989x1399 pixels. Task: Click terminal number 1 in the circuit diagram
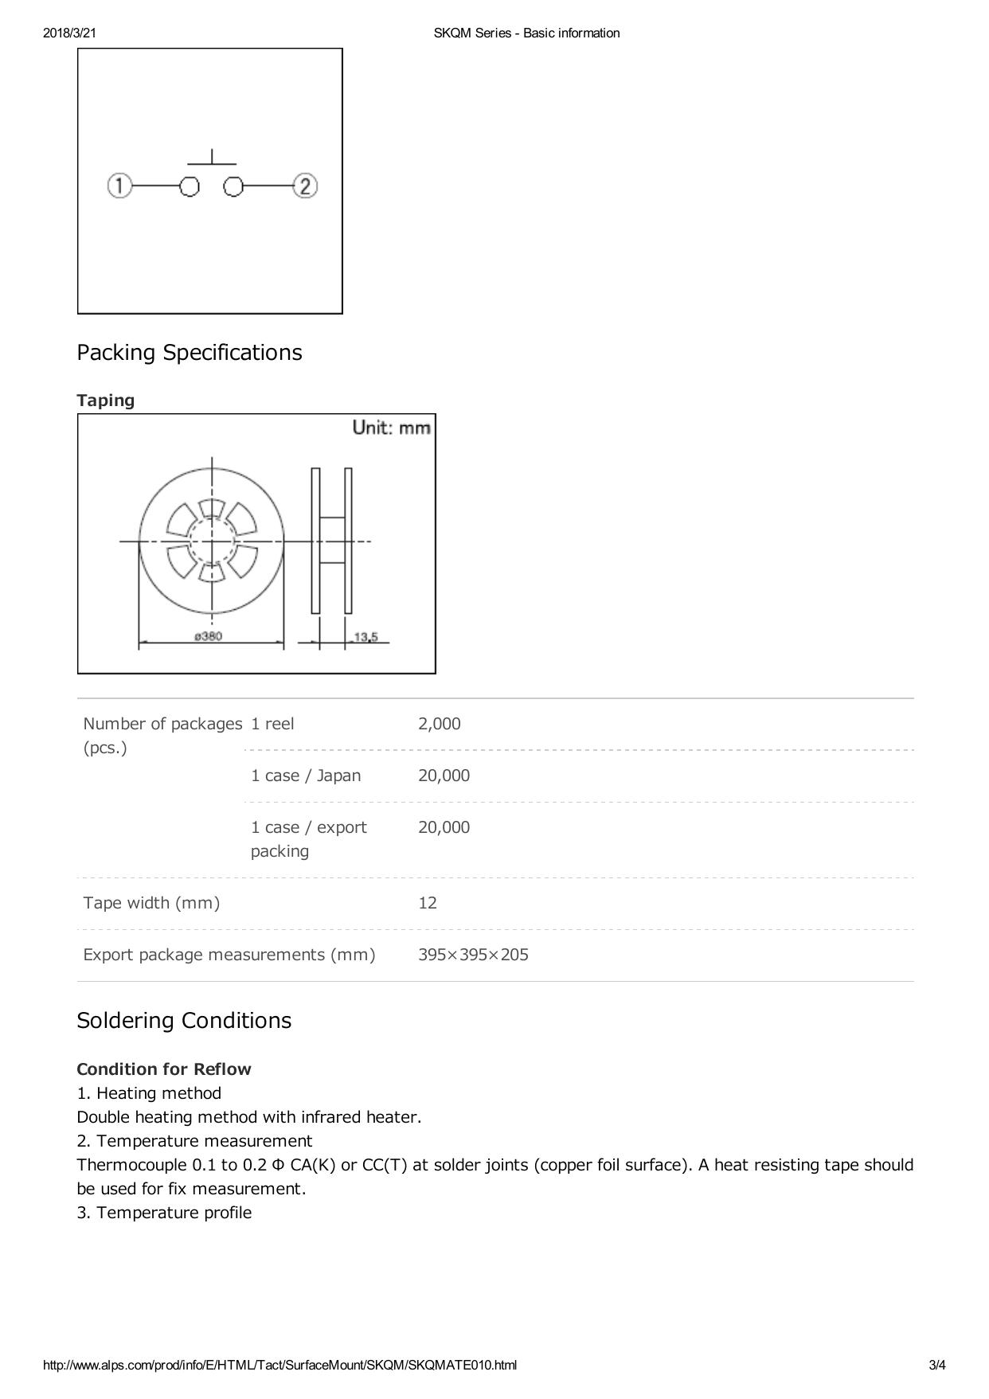pyautogui.click(x=119, y=186)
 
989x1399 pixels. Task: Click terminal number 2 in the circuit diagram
pyautogui.click(x=305, y=186)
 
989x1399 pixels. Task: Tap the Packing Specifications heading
pyautogui.click(x=190, y=352)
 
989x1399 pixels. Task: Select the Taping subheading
pyautogui.click(x=106, y=400)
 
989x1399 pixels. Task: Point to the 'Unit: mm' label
pyautogui.click(x=391, y=428)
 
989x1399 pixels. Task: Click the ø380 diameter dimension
pyautogui.click(x=209, y=636)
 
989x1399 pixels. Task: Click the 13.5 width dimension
pyautogui.click(x=365, y=636)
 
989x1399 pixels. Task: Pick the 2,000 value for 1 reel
pyautogui.click(x=440, y=724)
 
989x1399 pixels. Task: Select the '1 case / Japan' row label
pyautogui.click(x=306, y=776)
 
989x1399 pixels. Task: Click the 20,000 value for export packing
pyautogui.click(x=444, y=827)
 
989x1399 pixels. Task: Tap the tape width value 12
pyautogui.click(x=428, y=903)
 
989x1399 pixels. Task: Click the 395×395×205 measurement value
pyautogui.click(x=473, y=955)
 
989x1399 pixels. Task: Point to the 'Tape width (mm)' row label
pyautogui.click(x=151, y=903)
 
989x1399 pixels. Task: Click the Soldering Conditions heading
pyautogui.click(x=184, y=1020)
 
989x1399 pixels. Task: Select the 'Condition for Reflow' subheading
pyautogui.click(x=164, y=1069)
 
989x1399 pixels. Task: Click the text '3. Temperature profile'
pyautogui.click(x=164, y=1212)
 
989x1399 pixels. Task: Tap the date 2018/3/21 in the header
pyautogui.click(x=70, y=33)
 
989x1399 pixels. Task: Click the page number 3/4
pyautogui.click(x=937, y=1365)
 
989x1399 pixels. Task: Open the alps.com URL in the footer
pyautogui.click(x=279, y=1365)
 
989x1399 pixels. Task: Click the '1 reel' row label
pyautogui.click(x=272, y=724)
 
